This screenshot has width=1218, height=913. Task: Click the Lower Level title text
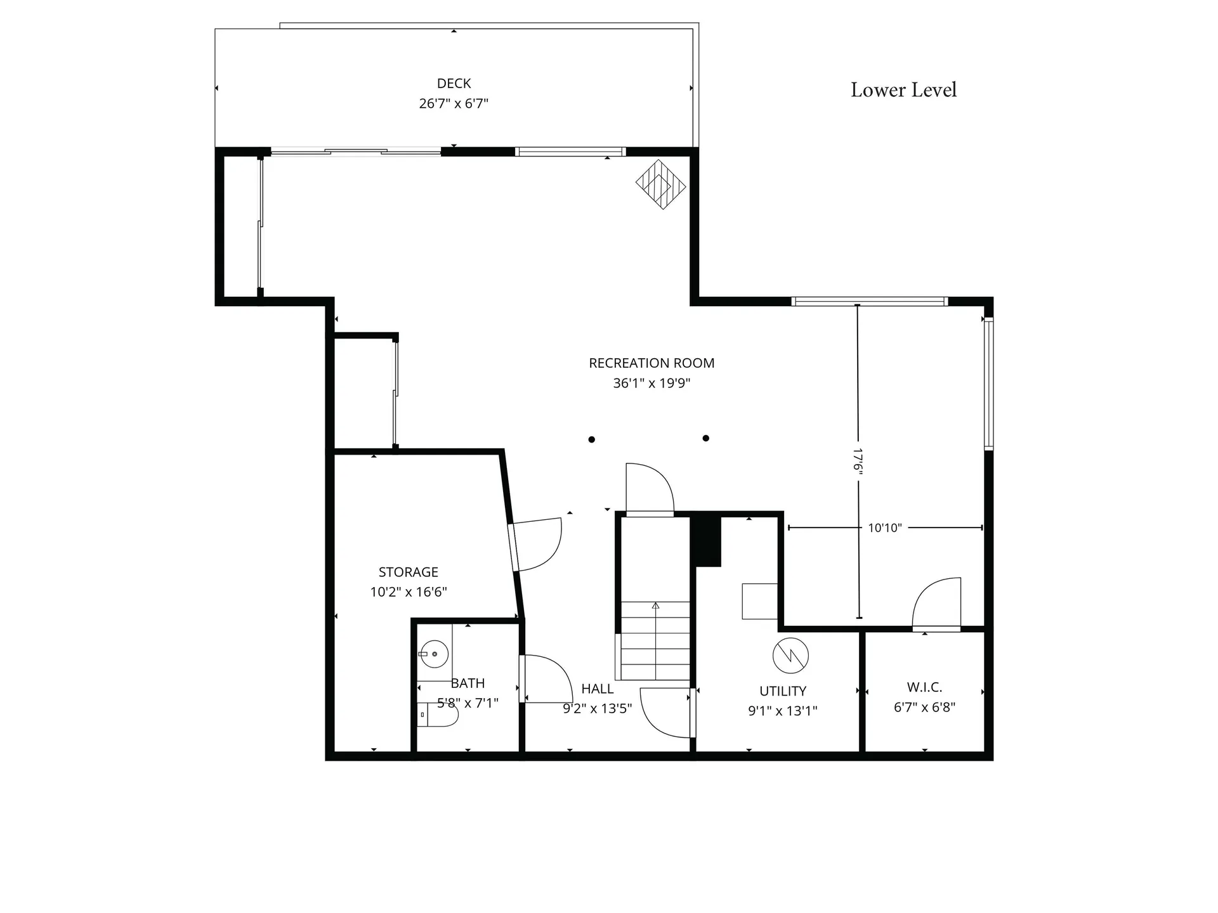903,90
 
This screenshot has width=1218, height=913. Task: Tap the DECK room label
454,83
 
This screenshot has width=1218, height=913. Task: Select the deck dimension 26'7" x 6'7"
454,103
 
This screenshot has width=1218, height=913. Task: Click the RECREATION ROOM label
652,363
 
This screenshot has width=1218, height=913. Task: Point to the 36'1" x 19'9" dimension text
652,383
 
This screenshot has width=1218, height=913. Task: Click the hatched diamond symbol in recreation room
661,185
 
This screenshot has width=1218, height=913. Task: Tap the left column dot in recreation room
591,439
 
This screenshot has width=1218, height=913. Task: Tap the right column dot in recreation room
705,438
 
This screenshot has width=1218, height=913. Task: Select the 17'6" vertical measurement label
858,460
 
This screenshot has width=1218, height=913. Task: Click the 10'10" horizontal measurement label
884,528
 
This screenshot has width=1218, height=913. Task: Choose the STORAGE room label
409,572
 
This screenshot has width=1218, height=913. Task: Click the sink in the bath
434,654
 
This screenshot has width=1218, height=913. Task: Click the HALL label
597,689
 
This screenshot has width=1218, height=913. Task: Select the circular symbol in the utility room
790,656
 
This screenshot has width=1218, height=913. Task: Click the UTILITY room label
783,691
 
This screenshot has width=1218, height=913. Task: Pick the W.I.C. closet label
924,687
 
